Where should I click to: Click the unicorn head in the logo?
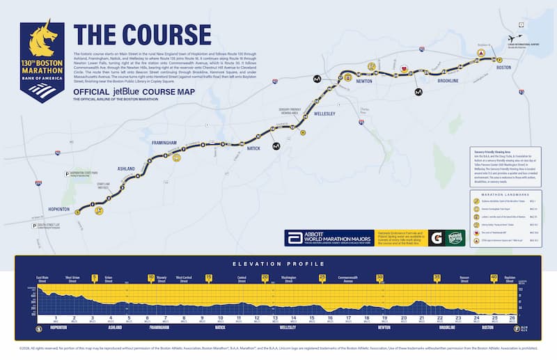(x=42, y=41)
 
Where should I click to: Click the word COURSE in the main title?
(x=166, y=36)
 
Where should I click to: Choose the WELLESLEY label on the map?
(x=324, y=113)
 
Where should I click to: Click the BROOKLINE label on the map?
(x=447, y=81)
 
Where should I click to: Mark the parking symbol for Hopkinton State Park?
(x=68, y=172)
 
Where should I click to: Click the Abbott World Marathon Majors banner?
(x=328, y=237)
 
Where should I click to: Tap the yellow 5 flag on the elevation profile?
(x=94, y=277)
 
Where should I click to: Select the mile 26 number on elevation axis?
(x=512, y=318)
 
